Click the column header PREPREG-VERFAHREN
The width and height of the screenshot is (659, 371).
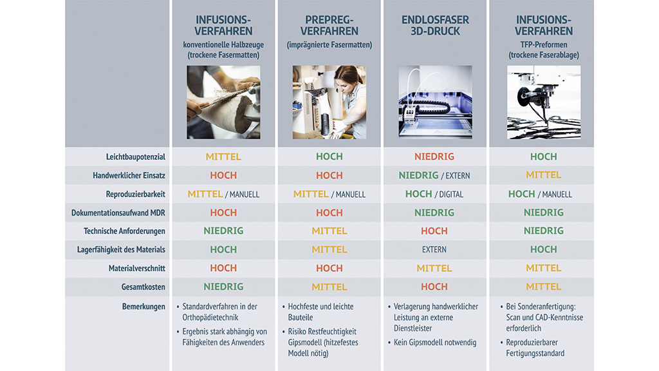tap(329, 25)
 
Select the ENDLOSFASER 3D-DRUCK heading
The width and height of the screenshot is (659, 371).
tap(435, 25)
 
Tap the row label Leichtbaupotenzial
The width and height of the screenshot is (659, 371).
tap(135, 157)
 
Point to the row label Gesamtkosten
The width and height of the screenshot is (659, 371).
tap(144, 287)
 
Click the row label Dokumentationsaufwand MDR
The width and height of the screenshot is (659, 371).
tap(118, 213)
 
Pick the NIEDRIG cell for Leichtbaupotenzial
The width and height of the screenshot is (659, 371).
tap(434, 157)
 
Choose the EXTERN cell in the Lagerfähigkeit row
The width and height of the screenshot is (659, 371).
tap(434, 249)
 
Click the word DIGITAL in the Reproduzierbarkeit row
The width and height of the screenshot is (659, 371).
tap(451, 195)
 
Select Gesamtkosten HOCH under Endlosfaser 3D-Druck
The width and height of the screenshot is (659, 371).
tap(434, 287)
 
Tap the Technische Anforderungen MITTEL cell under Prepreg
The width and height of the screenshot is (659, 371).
tap(329, 231)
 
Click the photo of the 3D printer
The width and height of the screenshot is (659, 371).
tap(435, 102)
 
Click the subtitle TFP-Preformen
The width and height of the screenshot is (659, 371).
tap(543, 44)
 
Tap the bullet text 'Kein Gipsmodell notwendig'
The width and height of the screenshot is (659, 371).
tap(435, 343)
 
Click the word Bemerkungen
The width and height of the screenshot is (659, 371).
tap(144, 307)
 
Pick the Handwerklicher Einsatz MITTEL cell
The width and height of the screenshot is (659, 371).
tap(543, 175)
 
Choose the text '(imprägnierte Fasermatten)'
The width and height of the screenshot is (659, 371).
tap(329, 44)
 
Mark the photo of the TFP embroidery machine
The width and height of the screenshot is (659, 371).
tap(544, 102)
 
